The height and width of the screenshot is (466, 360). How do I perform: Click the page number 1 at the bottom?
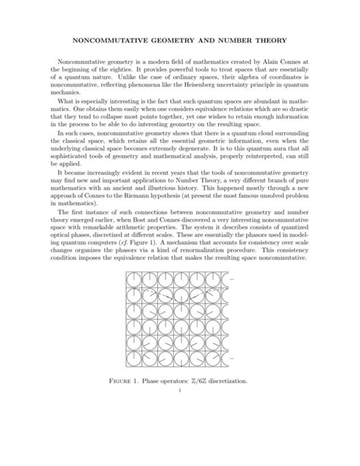click(x=180, y=392)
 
